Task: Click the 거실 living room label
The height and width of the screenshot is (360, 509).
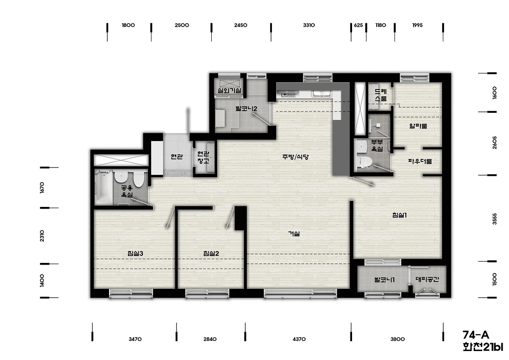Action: tap(294, 234)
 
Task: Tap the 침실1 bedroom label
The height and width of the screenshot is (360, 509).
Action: tap(400, 215)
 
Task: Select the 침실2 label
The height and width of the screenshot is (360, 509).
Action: tap(211, 254)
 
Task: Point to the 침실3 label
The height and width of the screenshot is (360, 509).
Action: tap(135, 254)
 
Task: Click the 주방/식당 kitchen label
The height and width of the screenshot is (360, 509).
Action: tap(295, 157)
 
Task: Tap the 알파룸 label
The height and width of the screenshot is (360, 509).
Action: tap(418, 126)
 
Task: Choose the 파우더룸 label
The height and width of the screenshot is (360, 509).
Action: tap(420, 161)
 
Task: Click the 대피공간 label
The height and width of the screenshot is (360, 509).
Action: tap(427, 279)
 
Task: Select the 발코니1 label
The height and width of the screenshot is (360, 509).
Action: tap(384, 280)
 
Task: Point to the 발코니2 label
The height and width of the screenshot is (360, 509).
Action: tap(246, 109)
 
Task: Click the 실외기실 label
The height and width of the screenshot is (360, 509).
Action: tap(229, 91)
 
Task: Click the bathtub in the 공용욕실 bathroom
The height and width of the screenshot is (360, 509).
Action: tap(104, 187)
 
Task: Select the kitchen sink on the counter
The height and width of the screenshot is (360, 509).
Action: tap(322, 93)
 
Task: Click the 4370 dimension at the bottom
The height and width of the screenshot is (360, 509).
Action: tap(299, 339)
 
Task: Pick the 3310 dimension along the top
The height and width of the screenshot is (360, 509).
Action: tap(309, 25)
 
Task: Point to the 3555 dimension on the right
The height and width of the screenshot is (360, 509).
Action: tap(495, 219)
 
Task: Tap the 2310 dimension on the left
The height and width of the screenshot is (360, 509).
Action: tap(42, 236)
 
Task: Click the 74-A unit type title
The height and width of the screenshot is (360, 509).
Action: tap(476, 335)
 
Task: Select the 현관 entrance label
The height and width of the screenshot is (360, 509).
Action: tap(176, 156)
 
